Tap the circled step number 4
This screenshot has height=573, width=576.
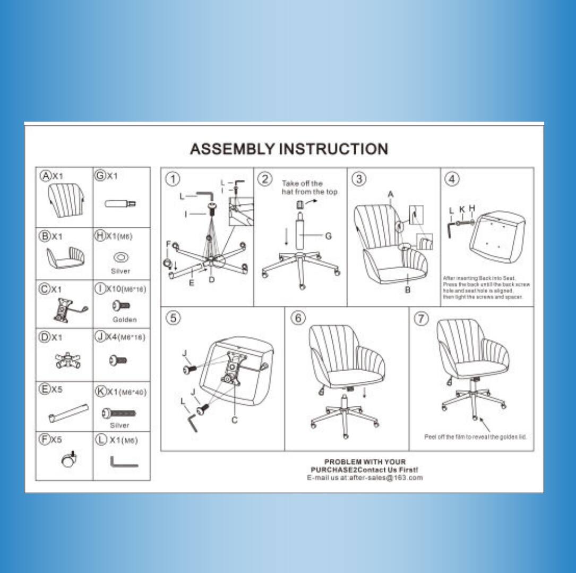[452, 179]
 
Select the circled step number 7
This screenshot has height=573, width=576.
[421, 318]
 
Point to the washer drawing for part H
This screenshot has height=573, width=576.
[121, 258]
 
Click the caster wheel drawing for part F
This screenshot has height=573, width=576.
[69, 460]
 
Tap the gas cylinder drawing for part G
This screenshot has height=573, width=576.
[120, 203]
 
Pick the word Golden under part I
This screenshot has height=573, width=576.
[125, 320]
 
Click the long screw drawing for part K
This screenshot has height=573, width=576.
[119, 412]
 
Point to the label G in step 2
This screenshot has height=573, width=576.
[328, 236]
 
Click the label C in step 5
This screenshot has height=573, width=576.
[235, 420]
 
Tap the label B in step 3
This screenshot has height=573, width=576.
[407, 290]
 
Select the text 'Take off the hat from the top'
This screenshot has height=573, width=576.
[309, 187]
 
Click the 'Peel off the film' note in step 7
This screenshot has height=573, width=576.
[475, 437]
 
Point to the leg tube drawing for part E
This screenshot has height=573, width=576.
[68, 413]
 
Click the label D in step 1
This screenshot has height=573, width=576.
[211, 280]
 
